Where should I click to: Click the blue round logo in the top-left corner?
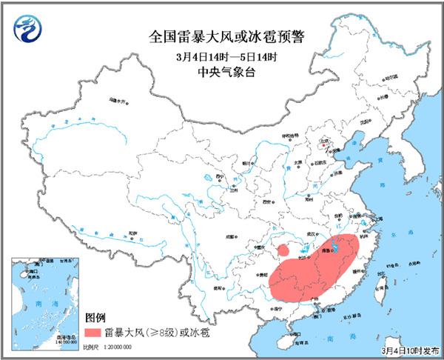(x=27, y=29)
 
